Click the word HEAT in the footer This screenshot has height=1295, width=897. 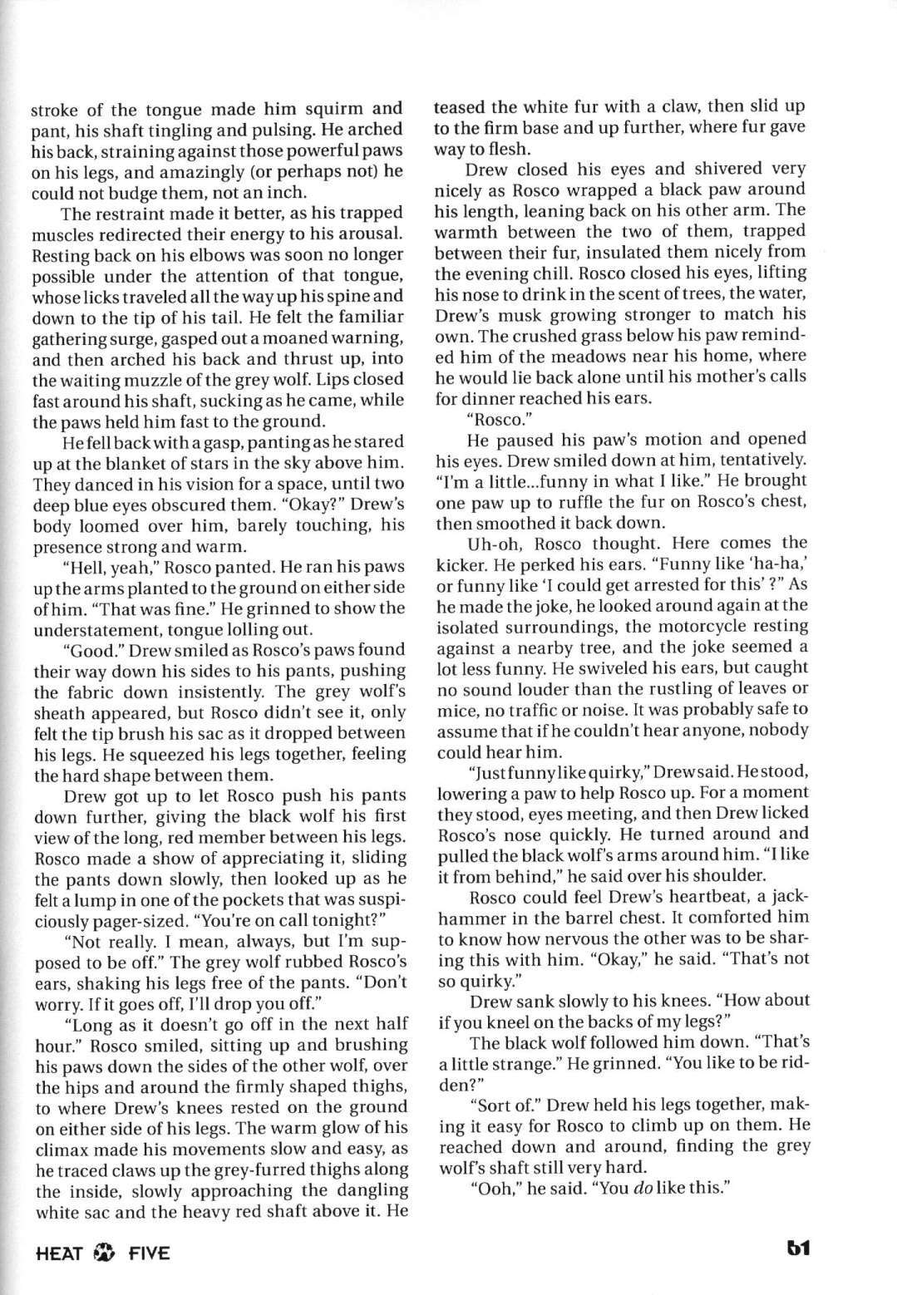(59, 1252)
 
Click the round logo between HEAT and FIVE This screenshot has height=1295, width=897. (105, 1252)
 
